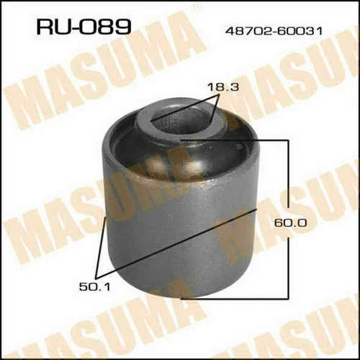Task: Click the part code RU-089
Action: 84,27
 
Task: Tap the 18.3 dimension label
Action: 223,86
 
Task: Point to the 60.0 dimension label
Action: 290,223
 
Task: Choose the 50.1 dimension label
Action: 95,287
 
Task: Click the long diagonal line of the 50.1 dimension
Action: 176,243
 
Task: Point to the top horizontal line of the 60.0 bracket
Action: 234,140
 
